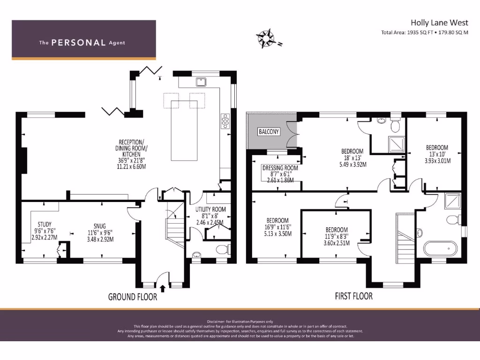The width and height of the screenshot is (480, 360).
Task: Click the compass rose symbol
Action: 266,38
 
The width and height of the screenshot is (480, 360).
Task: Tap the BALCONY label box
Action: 269,132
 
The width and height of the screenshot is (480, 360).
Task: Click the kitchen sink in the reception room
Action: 201,82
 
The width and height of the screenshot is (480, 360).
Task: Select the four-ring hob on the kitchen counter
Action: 225,120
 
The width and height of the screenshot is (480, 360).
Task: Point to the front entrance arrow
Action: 163,288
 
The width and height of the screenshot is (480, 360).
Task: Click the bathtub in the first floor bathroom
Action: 441,248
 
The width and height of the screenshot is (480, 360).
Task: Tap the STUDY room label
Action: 45,224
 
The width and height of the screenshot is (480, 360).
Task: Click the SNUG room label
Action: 99,226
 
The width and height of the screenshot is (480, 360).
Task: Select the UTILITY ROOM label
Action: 210,210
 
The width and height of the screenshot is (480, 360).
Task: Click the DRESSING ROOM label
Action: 280,168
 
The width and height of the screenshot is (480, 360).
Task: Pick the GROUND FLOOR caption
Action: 133,297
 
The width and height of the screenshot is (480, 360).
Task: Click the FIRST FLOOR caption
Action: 354,296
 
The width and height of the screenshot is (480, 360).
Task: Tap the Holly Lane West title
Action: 439,22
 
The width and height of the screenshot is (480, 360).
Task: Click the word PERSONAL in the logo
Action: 78,43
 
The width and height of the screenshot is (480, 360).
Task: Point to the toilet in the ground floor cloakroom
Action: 222,249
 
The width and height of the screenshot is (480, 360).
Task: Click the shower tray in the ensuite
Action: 397,144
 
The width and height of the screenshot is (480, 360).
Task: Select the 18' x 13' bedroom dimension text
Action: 352,158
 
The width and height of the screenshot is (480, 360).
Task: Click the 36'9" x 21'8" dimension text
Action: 131,160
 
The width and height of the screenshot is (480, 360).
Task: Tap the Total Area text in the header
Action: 425,32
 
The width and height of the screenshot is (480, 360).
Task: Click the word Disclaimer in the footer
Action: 216,322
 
